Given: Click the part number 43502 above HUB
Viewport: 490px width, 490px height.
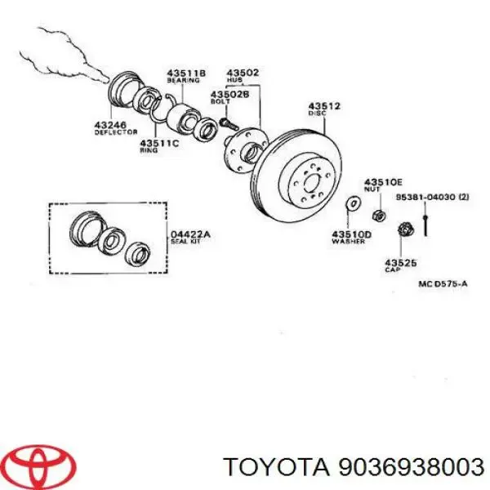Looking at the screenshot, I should [243, 73].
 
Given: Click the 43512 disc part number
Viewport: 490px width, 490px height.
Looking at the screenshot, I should [324, 106].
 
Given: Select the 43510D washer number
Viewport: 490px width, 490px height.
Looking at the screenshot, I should [351, 234].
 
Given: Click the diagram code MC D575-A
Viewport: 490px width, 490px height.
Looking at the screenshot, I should [443, 283].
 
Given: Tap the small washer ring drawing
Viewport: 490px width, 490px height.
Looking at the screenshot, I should [353, 202].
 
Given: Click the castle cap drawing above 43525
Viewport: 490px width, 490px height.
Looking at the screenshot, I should [403, 231].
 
